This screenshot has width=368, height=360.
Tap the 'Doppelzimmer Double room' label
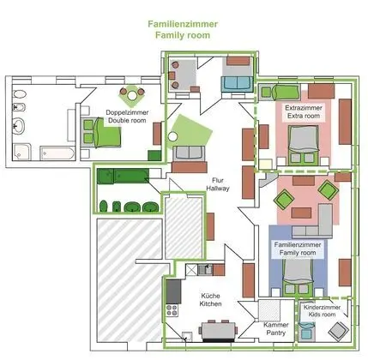[x=126, y=116]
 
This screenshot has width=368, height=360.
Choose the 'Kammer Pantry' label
[x=274, y=332]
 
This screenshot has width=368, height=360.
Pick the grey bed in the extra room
[x=302, y=143]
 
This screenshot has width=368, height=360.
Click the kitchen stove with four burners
[x=172, y=313]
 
